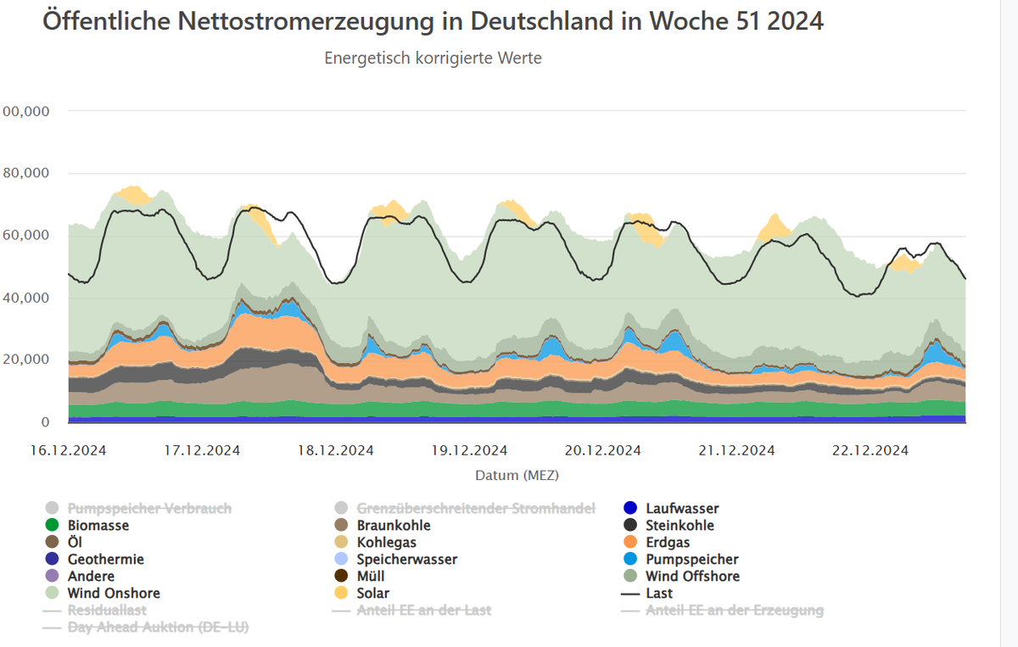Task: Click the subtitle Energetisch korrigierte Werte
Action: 433,59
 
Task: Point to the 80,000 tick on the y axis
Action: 26,173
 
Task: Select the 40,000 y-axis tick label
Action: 26,298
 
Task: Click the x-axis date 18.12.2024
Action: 335,450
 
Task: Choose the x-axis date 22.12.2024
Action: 870,450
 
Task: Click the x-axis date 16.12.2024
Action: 68,450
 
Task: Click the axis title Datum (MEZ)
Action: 517,475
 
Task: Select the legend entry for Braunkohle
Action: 394,526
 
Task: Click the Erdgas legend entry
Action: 668,543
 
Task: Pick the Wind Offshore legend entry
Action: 692,577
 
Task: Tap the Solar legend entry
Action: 373,594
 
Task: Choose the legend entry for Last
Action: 659,594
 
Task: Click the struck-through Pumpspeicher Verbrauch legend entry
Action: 149,509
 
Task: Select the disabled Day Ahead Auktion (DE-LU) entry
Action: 158,627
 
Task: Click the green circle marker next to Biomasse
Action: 52,526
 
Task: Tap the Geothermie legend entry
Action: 106,560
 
